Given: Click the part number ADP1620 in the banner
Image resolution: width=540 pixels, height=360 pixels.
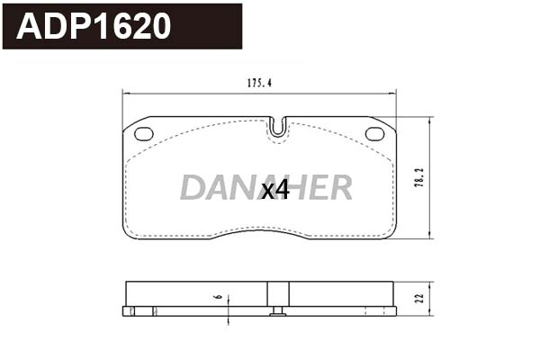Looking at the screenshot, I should click(94, 26).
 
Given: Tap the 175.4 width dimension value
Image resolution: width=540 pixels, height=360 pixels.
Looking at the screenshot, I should click(259, 83).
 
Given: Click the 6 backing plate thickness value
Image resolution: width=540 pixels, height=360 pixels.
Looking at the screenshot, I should click(217, 296).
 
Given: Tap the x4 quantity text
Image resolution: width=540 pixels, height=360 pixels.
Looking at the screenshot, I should click(274, 190).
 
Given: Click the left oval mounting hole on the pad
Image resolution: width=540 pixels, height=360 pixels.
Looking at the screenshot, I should click(144, 134).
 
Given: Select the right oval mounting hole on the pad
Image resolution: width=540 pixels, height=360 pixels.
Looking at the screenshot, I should click(374, 134).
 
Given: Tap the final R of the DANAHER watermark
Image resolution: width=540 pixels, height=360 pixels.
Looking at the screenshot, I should click(340, 188).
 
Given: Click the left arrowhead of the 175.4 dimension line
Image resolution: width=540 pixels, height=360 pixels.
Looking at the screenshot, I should click(125, 93).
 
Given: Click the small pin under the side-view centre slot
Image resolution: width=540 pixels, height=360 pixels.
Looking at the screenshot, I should click(278, 312).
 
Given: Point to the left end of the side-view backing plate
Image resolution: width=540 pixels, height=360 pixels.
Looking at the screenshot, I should click(125, 311).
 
